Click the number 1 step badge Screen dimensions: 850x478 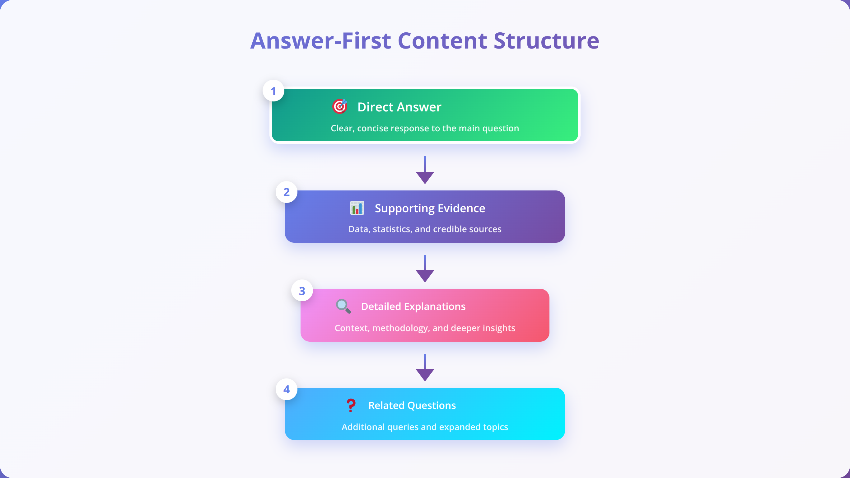[273, 91]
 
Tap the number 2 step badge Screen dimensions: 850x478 [287, 192]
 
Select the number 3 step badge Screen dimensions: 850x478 [302, 290]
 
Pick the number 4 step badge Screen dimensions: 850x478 [287, 389]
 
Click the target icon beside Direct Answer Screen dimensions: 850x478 [339, 106]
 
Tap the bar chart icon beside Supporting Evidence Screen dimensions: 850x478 [357, 208]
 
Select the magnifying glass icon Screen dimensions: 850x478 [343, 306]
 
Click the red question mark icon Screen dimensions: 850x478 [351, 405]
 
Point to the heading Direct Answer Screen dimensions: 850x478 [399, 107]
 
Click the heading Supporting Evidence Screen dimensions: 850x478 [430, 208]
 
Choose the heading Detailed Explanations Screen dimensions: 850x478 [413, 306]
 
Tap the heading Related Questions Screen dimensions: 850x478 [412, 405]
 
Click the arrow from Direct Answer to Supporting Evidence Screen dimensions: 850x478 [425, 170]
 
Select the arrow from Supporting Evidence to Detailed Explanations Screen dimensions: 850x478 [425, 269]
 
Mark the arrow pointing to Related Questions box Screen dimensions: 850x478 [425, 368]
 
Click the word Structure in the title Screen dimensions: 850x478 [546, 40]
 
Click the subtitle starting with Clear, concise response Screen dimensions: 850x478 [425, 128]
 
